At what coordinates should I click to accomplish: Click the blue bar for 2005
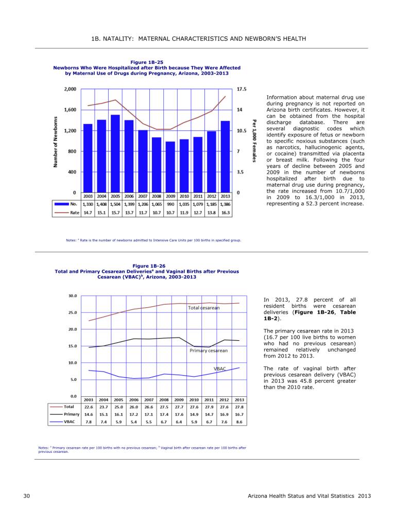[x=115, y=153]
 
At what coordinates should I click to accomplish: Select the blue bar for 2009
[x=170, y=167]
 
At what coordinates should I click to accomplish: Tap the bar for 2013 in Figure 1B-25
[x=225, y=156]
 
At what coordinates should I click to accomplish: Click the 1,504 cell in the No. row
[x=115, y=204]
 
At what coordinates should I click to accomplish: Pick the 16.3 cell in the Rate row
[x=226, y=213]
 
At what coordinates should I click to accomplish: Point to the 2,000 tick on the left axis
[x=70, y=89]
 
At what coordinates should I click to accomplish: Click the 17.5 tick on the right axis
[x=242, y=89]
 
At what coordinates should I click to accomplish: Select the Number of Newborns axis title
[x=56, y=142]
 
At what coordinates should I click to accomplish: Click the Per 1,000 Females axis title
[x=254, y=141]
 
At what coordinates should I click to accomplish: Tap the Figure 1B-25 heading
[x=147, y=62]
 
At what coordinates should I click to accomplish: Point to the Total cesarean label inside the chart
[x=203, y=308]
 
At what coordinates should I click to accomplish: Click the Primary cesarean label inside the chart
[x=209, y=350]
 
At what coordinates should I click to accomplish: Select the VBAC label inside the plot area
[x=219, y=369]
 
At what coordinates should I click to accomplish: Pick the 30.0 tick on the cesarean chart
[x=73, y=296]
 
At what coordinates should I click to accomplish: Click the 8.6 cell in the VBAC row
[x=239, y=422]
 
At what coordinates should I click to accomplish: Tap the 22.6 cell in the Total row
[x=89, y=407]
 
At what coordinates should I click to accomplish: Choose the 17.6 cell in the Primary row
[x=179, y=414]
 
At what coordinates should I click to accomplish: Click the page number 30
[x=27, y=496]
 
